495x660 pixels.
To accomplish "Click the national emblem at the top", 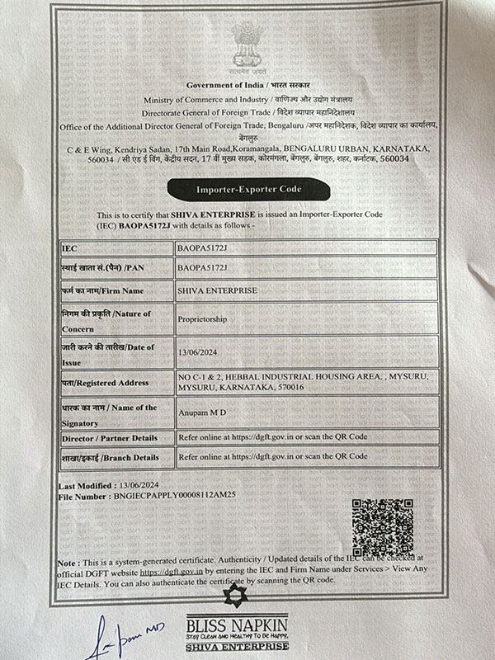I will click(x=247, y=46).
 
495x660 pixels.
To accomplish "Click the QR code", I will click(x=382, y=526).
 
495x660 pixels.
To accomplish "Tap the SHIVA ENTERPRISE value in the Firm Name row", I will click(x=217, y=290).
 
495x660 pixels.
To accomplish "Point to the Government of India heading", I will click(x=247, y=85).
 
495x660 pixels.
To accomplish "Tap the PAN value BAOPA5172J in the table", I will click(x=202, y=268).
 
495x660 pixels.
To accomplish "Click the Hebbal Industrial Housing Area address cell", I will click(x=304, y=380).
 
